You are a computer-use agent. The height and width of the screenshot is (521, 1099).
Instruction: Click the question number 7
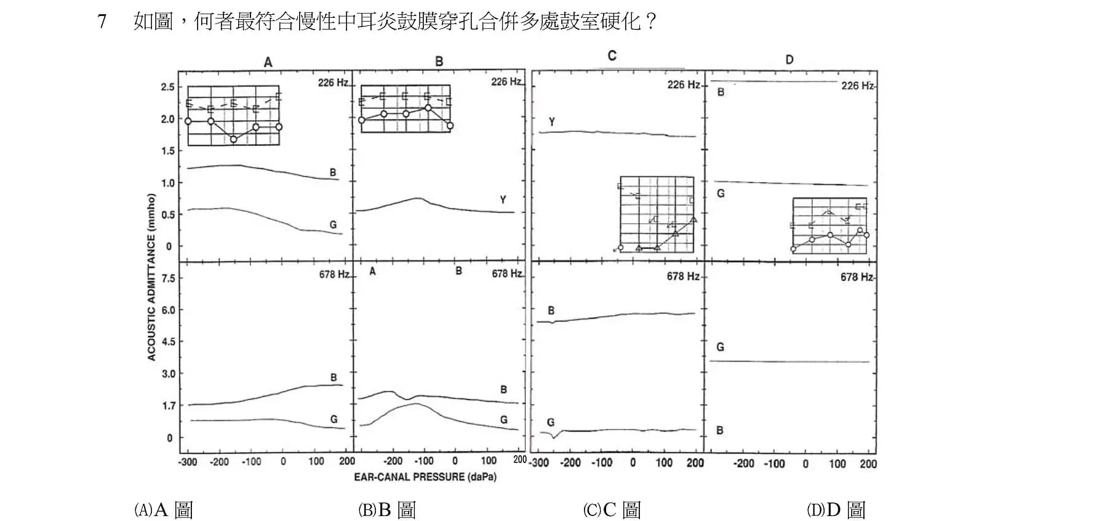pos(102,22)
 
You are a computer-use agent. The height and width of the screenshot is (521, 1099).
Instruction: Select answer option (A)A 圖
pos(164,509)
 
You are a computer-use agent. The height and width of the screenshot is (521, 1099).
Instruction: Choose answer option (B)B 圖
pos(387,509)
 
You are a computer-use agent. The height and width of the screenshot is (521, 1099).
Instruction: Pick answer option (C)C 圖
pos(612,509)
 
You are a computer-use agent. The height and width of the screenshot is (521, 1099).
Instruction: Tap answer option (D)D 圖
pos(836,509)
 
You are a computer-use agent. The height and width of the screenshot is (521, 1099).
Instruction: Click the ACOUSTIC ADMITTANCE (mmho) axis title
pos(152,277)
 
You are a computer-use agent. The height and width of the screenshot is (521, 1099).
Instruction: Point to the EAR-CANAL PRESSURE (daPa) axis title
pos(425,477)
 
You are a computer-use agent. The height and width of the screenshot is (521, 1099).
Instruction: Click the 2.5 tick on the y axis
pos(168,87)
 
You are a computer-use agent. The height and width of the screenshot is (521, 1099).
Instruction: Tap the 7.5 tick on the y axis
pos(168,278)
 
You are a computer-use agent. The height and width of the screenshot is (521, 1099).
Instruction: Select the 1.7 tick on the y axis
pos(168,406)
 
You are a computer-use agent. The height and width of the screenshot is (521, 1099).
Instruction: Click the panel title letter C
pos(612,56)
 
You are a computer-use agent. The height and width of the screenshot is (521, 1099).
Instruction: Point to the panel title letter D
pos(789,60)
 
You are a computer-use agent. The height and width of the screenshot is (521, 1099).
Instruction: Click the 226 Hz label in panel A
pos(333,83)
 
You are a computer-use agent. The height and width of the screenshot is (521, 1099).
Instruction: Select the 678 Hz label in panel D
pos(857,277)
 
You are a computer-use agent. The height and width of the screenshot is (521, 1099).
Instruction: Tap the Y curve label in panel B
pos(503,200)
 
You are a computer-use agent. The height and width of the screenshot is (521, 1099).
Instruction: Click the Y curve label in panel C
pos(551,122)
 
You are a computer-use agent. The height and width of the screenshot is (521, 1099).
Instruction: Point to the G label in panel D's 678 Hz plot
pos(720,347)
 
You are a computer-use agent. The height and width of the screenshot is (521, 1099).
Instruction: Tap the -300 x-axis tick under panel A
pos(188,462)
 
